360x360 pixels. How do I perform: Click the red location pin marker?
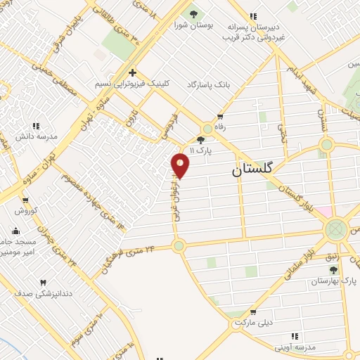click(x=181, y=165)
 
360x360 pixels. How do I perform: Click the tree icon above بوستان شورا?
click(x=191, y=13)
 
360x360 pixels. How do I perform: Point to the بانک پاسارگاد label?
click(x=208, y=84)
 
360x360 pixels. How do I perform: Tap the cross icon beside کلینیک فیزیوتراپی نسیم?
click(x=132, y=72)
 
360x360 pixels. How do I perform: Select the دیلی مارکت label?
click(x=254, y=323)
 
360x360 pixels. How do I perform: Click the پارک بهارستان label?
click(x=335, y=281)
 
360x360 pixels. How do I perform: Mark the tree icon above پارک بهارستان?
click(x=333, y=269)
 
